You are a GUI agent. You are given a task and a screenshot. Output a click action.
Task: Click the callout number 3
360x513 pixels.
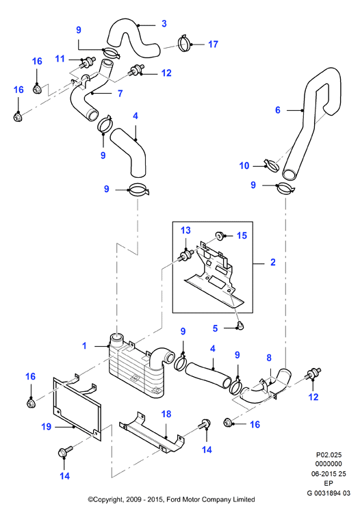pyautogui.click(x=164, y=23)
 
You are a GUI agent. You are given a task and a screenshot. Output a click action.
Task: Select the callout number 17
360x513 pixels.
pyautogui.click(x=213, y=44)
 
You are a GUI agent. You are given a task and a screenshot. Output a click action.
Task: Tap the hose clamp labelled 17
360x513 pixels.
pyautogui.click(x=185, y=44)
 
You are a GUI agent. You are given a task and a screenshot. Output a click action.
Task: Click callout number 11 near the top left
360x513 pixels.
pyautogui.click(x=60, y=59)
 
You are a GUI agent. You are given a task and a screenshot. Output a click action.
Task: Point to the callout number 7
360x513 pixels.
pyautogui.click(x=120, y=94)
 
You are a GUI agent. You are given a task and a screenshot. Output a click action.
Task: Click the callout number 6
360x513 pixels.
pyautogui.click(x=277, y=110)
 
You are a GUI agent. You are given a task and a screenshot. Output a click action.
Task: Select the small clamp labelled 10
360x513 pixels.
pyautogui.click(x=271, y=166)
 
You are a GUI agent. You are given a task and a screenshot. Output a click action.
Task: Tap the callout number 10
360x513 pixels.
pyautogui.click(x=244, y=166)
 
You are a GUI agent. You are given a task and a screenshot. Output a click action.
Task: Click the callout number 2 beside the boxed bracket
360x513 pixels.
pyautogui.click(x=273, y=262)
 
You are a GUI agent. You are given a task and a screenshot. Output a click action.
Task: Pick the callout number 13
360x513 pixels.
pyautogui.click(x=185, y=231)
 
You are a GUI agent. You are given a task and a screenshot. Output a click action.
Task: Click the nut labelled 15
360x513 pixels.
pyautogui.click(x=219, y=235)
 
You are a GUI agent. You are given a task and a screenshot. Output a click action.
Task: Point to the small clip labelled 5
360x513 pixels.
pyautogui.click(x=240, y=326)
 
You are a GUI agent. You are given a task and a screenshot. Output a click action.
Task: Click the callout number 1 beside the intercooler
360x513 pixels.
pyautogui.click(x=84, y=345)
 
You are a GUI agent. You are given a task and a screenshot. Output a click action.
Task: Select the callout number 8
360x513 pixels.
pyautogui.click(x=269, y=358)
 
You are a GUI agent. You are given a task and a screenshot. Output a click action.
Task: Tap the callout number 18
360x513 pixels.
pyautogui.click(x=166, y=415)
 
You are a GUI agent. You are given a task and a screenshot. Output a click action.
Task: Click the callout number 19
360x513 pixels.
pyautogui.click(x=47, y=427)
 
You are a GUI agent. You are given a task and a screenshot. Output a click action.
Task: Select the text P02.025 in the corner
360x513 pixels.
pyautogui.click(x=329, y=455)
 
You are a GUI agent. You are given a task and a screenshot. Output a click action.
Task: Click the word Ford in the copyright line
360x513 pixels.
pyautogui.click(x=173, y=499)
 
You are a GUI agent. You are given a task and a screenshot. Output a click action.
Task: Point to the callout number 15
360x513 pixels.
pyautogui.click(x=242, y=235)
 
